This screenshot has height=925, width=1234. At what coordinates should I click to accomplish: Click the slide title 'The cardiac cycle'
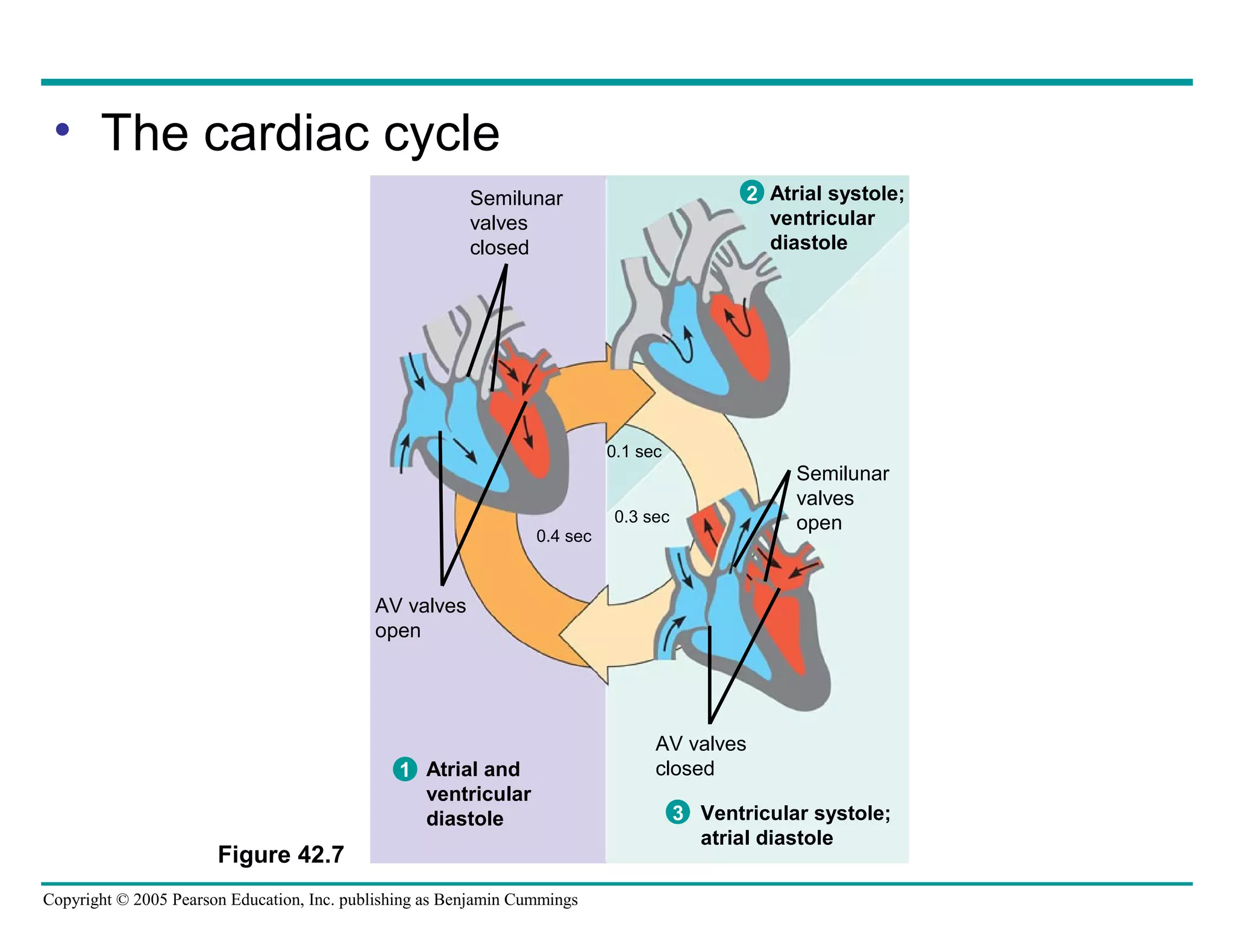(300, 133)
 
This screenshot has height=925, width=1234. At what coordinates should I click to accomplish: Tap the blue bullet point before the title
(62, 129)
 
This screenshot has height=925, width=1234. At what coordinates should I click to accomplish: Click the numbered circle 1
(405, 769)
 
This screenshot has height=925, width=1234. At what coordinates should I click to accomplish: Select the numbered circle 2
(751, 193)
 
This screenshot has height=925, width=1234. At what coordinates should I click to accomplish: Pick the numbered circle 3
(678, 812)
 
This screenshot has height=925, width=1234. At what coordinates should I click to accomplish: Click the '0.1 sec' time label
(634, 452)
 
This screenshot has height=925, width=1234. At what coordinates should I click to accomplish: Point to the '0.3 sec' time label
(642, 517)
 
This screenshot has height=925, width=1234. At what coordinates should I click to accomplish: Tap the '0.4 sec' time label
(564, 536)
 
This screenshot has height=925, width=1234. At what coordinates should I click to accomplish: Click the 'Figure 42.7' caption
(281, 855)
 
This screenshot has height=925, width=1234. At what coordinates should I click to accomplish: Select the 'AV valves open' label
(420, 618)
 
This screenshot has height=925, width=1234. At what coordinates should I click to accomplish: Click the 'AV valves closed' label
(700, 756)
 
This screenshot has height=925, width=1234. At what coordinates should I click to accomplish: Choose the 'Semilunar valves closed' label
(516, 223)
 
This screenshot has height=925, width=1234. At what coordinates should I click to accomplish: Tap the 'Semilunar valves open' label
(842, 498)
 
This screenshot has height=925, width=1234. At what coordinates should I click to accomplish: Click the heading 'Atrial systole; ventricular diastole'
(836, 218)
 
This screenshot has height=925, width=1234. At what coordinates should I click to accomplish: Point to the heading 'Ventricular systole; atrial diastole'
(795, 825)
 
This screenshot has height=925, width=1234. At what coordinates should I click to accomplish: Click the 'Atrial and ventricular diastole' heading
(478, 794)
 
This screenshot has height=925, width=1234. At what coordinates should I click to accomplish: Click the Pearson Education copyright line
(310, 900)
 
